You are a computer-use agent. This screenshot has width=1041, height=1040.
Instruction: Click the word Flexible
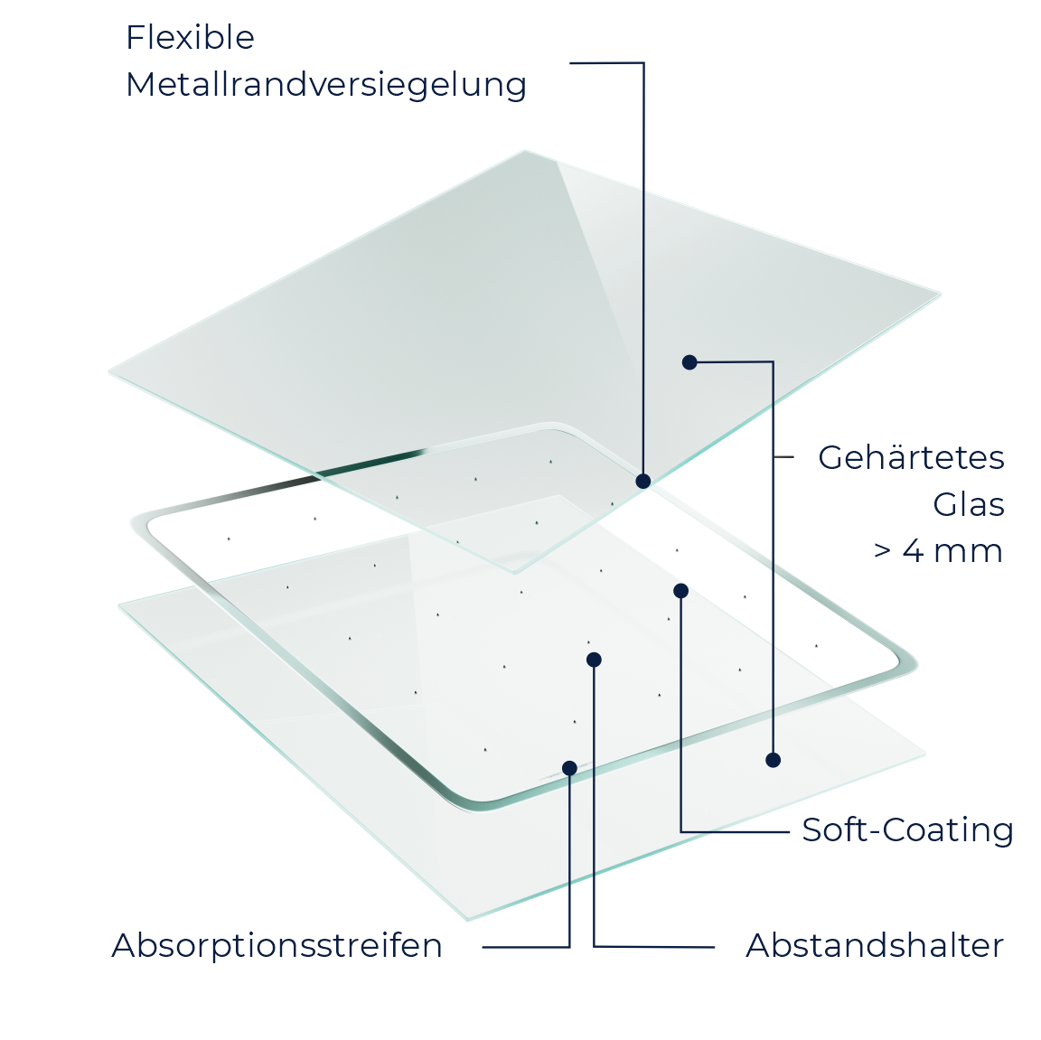(190, 37)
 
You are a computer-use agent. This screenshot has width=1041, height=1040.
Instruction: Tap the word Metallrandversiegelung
(326, 85)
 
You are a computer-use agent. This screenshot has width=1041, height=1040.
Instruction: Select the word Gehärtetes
(911, 457)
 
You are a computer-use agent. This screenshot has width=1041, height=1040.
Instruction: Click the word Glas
(969, 504)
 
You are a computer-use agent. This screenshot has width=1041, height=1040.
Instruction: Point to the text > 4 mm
(938, 551)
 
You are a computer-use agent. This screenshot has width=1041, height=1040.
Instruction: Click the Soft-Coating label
(907, 830)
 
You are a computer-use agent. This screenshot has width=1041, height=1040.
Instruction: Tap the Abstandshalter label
(875, 946)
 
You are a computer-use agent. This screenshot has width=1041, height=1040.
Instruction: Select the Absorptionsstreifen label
(277, 946)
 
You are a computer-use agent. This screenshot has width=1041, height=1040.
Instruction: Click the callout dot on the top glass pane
(689, 362)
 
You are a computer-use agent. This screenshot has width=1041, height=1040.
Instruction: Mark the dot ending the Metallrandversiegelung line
(642, 482)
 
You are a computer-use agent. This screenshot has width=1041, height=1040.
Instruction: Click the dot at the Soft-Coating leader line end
(681, 591)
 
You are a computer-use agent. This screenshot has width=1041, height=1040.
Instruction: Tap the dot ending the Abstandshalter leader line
(595, 660)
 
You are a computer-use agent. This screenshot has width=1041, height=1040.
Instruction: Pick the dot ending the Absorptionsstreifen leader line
(569, 768)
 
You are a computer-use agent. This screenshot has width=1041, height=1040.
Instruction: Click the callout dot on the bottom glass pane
(773, 760)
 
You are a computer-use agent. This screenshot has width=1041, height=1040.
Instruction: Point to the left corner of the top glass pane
(109, 372)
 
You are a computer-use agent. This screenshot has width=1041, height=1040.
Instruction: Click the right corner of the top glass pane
(940, 295)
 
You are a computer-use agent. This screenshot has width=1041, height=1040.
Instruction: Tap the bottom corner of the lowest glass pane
(468, 920)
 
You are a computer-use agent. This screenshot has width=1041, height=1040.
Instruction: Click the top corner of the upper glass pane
(524, 151)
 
